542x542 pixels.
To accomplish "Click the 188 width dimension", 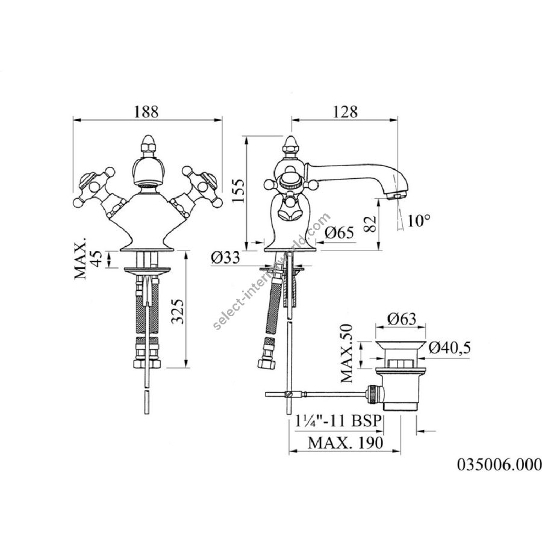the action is coord(146,112).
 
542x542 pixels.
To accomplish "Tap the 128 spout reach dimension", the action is coord(345,112).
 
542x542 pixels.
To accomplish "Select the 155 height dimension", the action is coord(237,191).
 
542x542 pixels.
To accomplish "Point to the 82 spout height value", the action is coord(370,225).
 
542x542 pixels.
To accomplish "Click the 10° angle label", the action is coord(419,220).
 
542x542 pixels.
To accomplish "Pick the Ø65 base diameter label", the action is coord(339,232).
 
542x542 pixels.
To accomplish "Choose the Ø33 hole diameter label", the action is coord(225,258).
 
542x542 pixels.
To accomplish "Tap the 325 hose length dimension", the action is coord(179,311).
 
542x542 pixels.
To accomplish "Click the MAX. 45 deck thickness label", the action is coord(89,258).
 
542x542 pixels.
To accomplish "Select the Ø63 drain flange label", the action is coord(401,319).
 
